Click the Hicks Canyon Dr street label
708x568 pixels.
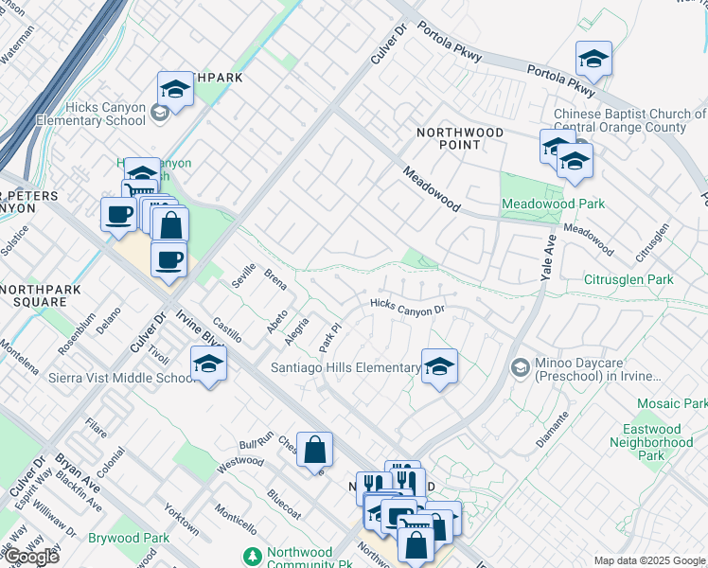tap(407, 306)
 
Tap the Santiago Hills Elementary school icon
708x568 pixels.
tap(439, 366)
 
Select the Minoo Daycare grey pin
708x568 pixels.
tap(520, 366)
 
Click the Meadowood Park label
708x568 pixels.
tap(553, 204)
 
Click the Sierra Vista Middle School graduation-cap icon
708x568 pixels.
tap(208, 364)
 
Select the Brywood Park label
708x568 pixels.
tap(128, 538)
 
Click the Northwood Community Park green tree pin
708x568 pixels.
tap(252, 555)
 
